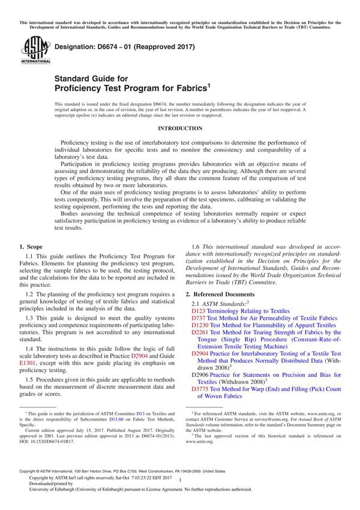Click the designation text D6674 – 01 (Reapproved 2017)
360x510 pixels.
pos(125,47)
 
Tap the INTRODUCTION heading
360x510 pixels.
pos(180,128)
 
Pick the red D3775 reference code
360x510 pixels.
pos(200,389)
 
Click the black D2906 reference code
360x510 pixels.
pos(200,375)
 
